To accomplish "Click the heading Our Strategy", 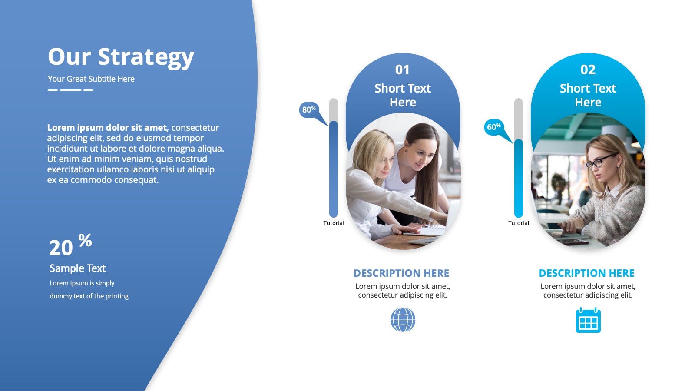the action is (121, 57).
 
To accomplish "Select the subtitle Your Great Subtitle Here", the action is (91, 79).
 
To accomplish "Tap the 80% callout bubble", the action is (309, 110).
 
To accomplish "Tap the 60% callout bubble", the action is (493, 127).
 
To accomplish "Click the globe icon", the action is (403, 320).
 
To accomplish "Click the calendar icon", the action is (588, 320).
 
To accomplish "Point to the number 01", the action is (402, 70).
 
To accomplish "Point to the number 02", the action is (588, 70).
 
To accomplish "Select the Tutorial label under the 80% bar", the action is (334, 223).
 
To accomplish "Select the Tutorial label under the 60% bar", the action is (519, 223).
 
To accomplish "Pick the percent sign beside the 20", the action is (85, 240).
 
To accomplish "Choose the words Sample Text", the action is (78, 268).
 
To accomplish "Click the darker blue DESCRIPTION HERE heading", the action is (401, 273).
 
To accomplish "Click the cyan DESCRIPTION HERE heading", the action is (586, 273).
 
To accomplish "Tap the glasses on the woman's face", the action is (601, 161).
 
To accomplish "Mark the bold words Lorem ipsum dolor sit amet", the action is (107, 128).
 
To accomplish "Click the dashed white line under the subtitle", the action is (70, 90).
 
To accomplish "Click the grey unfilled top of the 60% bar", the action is (519, 119).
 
